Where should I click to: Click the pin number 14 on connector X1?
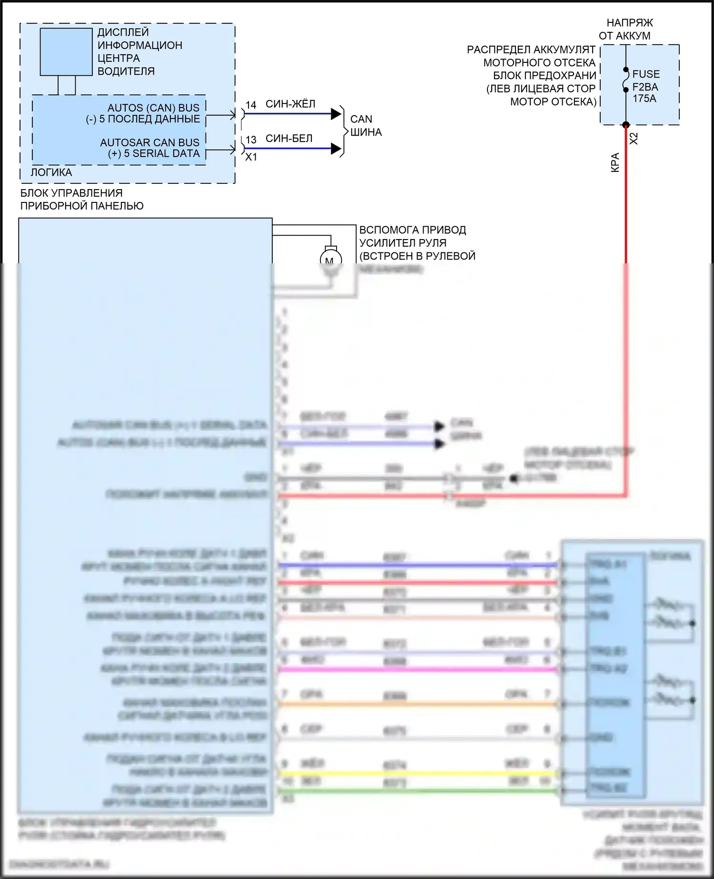pos(251,105)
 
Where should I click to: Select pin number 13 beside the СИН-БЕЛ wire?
pos(251,140)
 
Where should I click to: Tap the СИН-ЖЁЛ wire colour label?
pos(290,104)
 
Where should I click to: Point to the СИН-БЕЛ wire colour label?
pos(289,138)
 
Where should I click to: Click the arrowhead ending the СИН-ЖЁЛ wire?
pos(336,114)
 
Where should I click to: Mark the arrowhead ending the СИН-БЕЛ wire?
pos(336,149)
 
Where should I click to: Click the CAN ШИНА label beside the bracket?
pos(366,126)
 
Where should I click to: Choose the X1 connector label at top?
pos(251,157)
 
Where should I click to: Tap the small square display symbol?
pos(66,51)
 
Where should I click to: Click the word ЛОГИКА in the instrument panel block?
pos(51,172)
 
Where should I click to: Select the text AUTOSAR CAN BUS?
pos(149,142)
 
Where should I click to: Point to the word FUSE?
pos(646,74)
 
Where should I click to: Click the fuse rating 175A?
pos(644,99)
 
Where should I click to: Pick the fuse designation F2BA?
pos(645,87)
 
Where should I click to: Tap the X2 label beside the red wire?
pos(634,139)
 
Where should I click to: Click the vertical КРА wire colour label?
pos(615,162)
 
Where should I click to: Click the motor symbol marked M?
pos(330,260)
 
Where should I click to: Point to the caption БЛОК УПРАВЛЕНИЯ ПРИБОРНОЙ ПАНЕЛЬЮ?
pos(82,200)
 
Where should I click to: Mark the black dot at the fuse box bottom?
pos(626,125)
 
